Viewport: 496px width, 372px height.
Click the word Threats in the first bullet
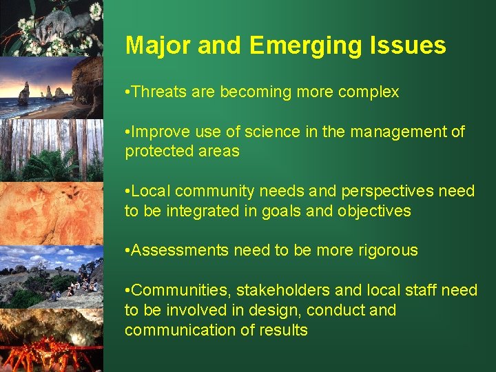157,92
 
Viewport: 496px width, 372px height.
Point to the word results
282,330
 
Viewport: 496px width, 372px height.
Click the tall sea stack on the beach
24,93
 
